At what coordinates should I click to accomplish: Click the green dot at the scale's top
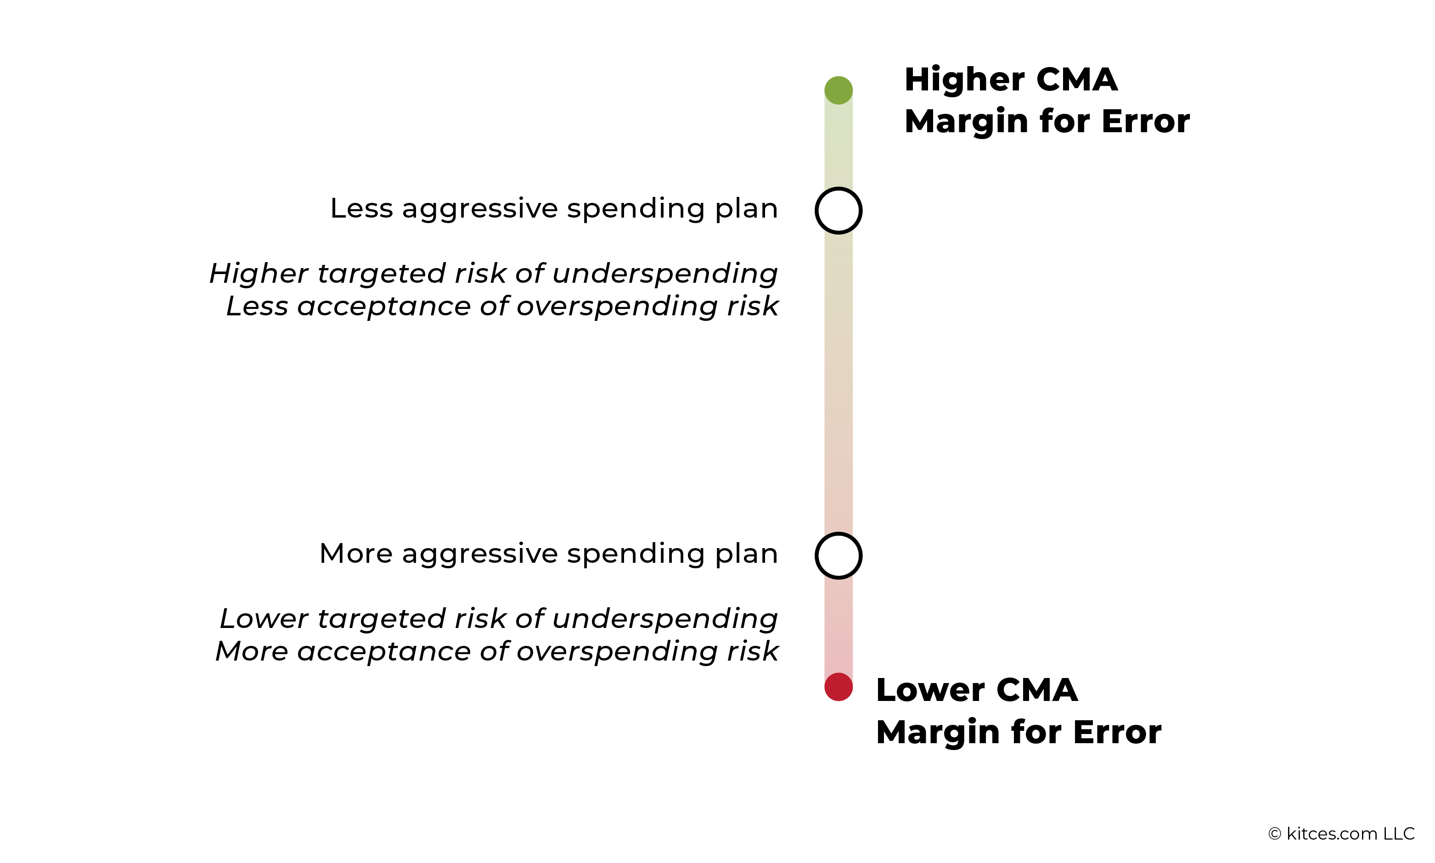(x=838, y=90)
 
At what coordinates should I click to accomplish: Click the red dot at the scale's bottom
(x=838, y=687)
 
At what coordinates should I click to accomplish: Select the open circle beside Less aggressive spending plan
(x=838, y=211)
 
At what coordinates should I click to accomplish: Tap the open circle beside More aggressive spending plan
(x=838, y=555)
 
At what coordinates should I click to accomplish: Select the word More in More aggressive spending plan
(x=356, y=553)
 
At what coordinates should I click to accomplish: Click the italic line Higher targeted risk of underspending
(x=493, y=273)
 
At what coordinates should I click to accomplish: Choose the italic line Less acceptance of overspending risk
(x=502, y=306)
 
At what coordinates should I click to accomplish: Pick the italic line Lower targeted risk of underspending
(x=499, y=618)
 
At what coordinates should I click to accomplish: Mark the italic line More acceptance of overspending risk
(x=497, y=651)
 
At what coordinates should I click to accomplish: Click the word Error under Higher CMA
(x=1145, y=122)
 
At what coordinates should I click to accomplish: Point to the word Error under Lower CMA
(x=1117, y=732)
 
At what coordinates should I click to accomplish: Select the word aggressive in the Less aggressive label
(x=479, y=209)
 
